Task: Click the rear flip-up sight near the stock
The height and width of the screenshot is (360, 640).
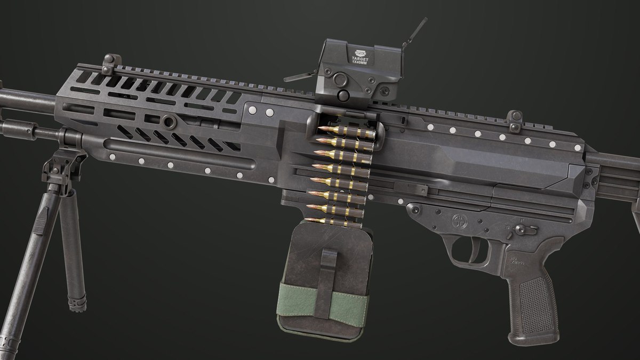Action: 515,121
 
